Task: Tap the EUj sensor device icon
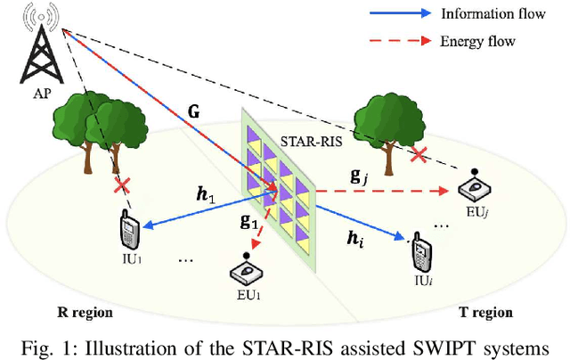[476, 188]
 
